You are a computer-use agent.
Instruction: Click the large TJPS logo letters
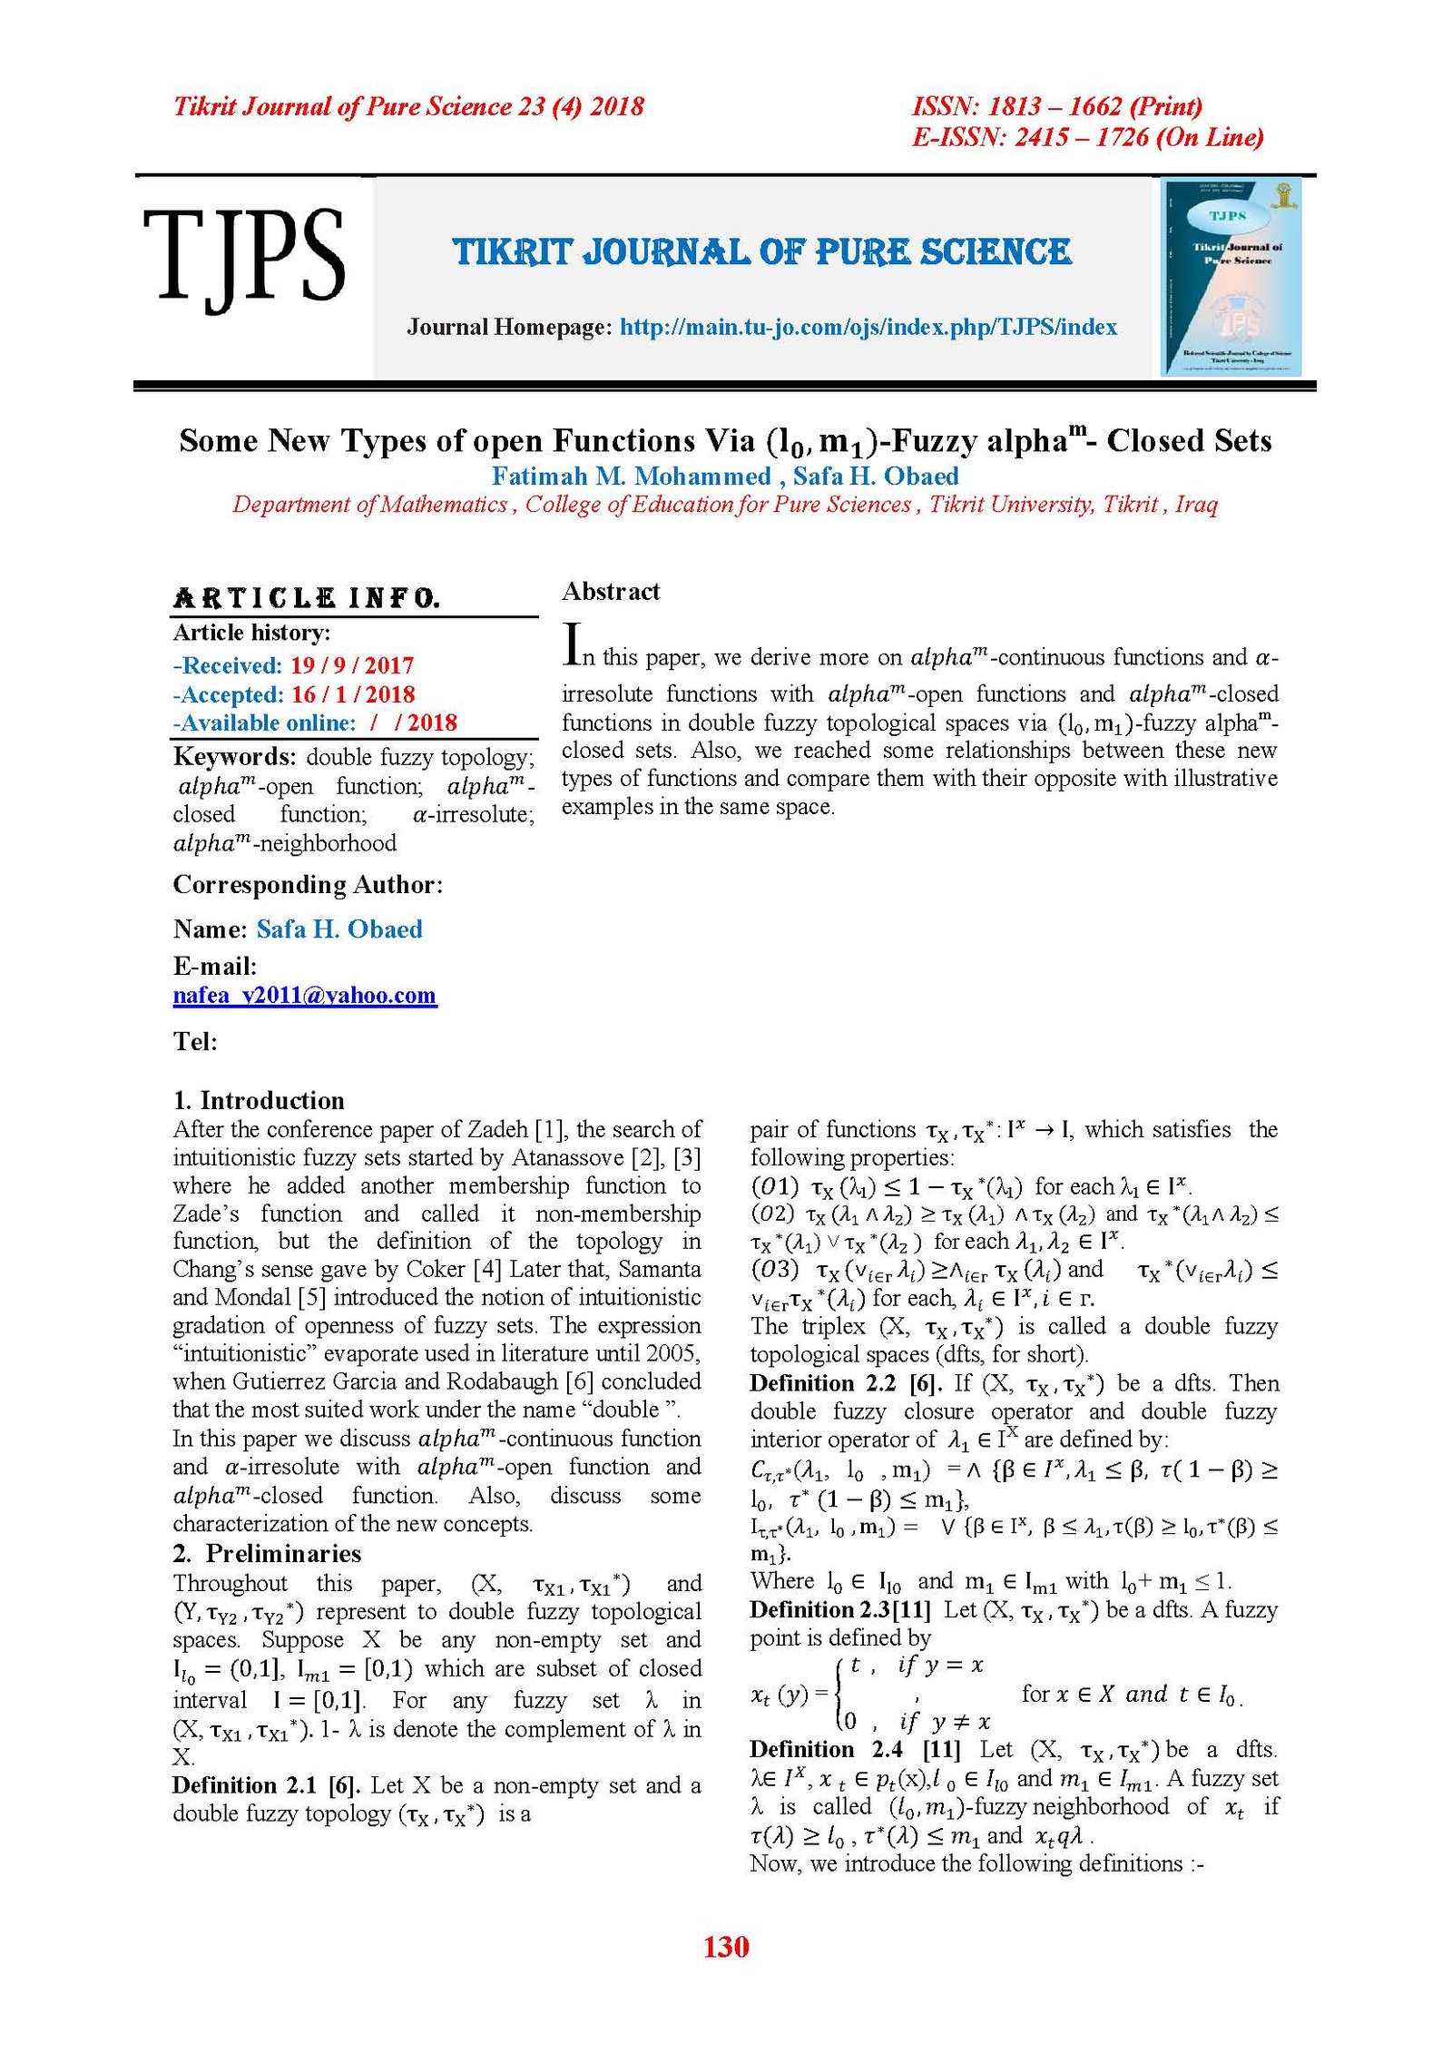[243, 256]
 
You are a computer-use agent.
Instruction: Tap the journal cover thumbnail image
[1231, 276]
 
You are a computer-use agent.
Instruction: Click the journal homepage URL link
[868, 327]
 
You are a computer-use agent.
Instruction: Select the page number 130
[726, 1946]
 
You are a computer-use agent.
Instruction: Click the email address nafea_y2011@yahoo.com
[305, 995]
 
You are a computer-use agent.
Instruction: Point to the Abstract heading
[611, 592]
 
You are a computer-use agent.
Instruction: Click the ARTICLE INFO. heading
[307, 598]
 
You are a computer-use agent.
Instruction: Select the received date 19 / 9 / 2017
[352, 665]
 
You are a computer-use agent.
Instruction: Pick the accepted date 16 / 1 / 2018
[353, 694]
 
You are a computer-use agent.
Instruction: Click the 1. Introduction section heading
[259, 1100]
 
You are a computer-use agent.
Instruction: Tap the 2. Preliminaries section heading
[268, 1553]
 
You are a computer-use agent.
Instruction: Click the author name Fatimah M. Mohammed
[631, 476]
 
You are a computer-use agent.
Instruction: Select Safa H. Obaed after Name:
[339, 929]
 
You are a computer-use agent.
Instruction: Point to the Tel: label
[195, 1041]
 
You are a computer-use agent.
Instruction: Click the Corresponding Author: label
[308, 884]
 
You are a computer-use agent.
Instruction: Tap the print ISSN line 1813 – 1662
[1056, 106]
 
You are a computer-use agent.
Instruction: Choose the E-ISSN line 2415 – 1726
[1087, 137]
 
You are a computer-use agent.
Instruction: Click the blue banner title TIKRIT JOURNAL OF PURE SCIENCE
[762, 252]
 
